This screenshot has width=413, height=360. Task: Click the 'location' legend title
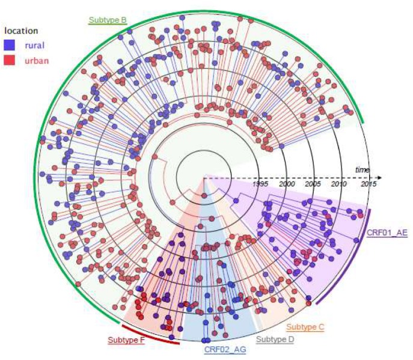(21, 30)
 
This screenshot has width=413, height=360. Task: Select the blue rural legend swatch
(9, 44)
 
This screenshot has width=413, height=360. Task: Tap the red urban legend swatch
(9, 59)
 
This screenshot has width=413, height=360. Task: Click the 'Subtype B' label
(107, 20)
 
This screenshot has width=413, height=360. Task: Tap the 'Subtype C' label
(305, 327)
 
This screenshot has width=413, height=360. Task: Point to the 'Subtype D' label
(275, 340)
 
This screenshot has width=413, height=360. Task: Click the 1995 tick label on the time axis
(260, 183)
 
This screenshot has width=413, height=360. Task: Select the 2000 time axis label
(286, 183)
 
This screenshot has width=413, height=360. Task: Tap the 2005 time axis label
(313, 183)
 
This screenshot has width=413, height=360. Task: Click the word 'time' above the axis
(362, 170)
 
